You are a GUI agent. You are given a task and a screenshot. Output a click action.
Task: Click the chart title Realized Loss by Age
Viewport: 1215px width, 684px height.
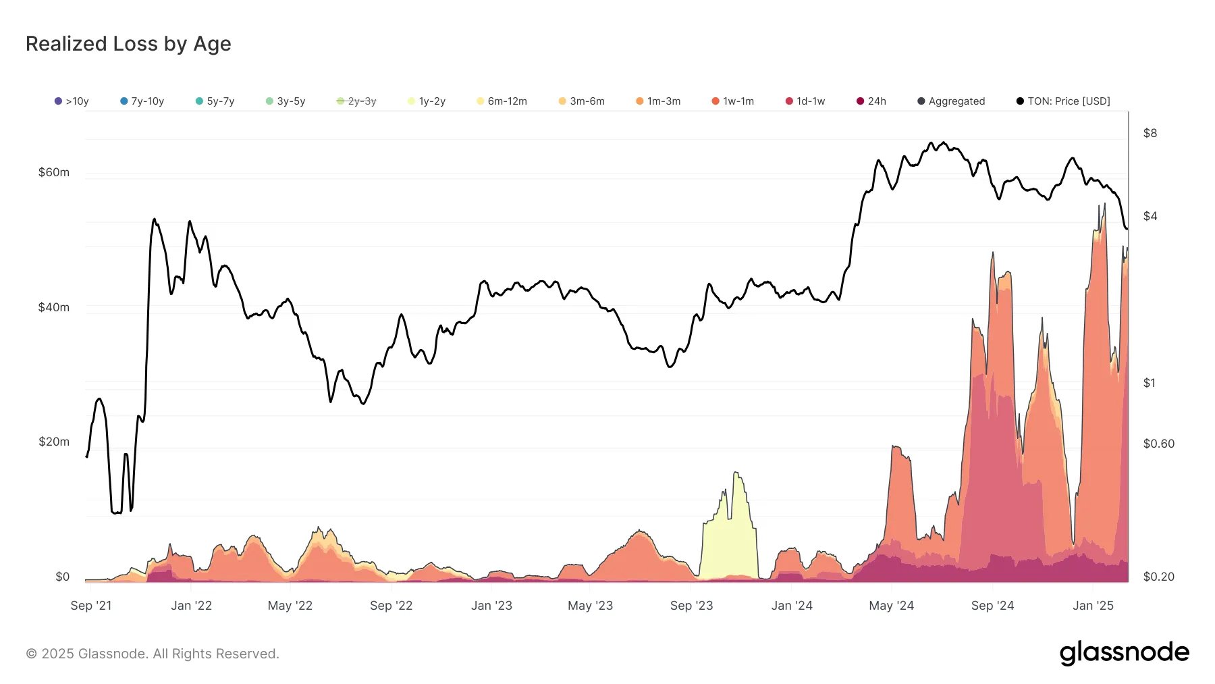[128, 44]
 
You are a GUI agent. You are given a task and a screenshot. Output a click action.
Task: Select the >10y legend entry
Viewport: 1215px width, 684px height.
[72, 101]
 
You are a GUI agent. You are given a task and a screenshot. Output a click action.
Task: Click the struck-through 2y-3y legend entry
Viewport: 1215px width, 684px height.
[356, 101]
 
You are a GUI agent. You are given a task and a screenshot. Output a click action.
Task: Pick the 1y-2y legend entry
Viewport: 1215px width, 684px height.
[427, 101]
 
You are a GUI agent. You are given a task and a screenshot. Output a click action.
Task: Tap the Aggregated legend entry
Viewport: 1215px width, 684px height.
[951, 101]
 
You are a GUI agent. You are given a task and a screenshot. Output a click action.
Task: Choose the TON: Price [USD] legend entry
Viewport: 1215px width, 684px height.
[1063, 101]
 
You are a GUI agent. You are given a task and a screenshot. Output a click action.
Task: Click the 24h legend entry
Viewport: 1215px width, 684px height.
[871, 101]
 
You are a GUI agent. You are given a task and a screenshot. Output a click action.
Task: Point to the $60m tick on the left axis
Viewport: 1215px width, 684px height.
[54, 172]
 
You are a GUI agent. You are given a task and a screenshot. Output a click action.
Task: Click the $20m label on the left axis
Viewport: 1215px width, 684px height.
[54, 442]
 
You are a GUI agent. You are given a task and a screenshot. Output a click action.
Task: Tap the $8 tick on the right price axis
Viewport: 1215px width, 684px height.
[1150, 133]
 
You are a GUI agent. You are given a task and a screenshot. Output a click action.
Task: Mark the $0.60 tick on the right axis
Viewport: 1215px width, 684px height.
[1158, 444]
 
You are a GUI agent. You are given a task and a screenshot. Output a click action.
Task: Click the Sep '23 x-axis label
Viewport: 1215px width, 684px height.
[691, 606]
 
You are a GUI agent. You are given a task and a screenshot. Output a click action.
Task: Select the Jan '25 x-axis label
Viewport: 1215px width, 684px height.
[1093, 606]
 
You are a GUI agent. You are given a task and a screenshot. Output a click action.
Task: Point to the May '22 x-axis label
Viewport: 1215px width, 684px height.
[290, 606]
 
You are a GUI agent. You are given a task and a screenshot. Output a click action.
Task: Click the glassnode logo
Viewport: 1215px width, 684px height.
[1124, 653]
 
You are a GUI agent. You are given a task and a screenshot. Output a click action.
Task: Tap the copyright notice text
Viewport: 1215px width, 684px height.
[153, 654]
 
